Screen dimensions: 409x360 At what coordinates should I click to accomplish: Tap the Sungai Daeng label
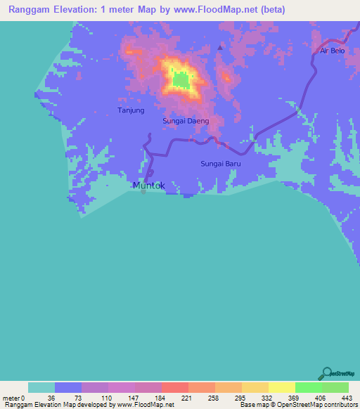186,121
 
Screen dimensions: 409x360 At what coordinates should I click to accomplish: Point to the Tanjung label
131,110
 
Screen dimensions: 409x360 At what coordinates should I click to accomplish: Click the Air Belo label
333,51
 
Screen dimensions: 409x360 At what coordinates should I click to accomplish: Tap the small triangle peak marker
220,48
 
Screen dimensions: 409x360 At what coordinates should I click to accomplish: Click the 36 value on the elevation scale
50,398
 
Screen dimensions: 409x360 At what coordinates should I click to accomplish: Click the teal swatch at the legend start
41,387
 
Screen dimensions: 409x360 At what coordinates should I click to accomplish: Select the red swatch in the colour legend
174,387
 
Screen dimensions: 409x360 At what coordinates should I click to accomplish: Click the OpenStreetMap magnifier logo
327,373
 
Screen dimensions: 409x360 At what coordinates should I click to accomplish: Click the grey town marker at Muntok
143,192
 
